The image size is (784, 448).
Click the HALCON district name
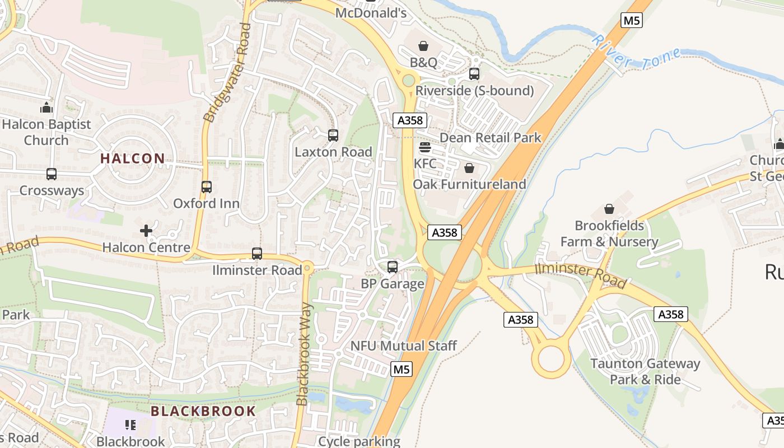coord(133,158)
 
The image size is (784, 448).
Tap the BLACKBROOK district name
coord(203,411)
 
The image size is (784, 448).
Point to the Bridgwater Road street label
coord(227,73)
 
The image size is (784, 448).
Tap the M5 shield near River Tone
coord(631,21)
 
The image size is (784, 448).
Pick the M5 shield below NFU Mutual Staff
coord(402,369)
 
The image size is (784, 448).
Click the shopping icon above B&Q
coord(423,45)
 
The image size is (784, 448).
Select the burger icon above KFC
coord(425,147)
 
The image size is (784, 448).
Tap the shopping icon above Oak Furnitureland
coord(469,168)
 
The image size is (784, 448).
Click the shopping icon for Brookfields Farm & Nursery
coord(609,209)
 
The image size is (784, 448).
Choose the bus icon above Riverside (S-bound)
coord(474,74)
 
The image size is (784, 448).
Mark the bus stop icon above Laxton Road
coord(333,135)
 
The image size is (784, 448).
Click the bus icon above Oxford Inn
coord(207,186)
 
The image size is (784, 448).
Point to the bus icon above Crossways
coord(52,174)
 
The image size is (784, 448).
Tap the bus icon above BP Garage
coord(393,267)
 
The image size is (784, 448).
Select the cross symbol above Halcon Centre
coord(146,230)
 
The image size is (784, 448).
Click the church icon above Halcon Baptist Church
coord(46,108)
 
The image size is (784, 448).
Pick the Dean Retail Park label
coord(491,138)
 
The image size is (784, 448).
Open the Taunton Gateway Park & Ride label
coord(645,371)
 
